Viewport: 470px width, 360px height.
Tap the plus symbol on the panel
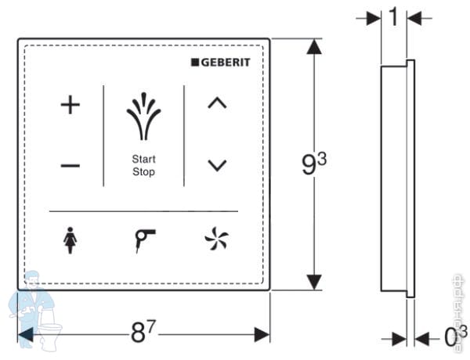[x=70, y=105]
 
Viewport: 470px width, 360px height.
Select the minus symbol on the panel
[x=70, y=165]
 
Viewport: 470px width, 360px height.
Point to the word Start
[x=143, y=160]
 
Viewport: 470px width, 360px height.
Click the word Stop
[x=143, y=171]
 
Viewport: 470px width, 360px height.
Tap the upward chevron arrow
[x=217, y=103]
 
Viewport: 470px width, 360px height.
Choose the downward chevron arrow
[x=217, y=164]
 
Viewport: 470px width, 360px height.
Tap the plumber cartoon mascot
[x=35, y=305]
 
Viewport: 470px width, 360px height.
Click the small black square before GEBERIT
[x=196, y=63]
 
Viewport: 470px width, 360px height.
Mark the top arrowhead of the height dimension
[x=314, y=47]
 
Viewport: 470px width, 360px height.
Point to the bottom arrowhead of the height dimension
[x=314, y=282]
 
